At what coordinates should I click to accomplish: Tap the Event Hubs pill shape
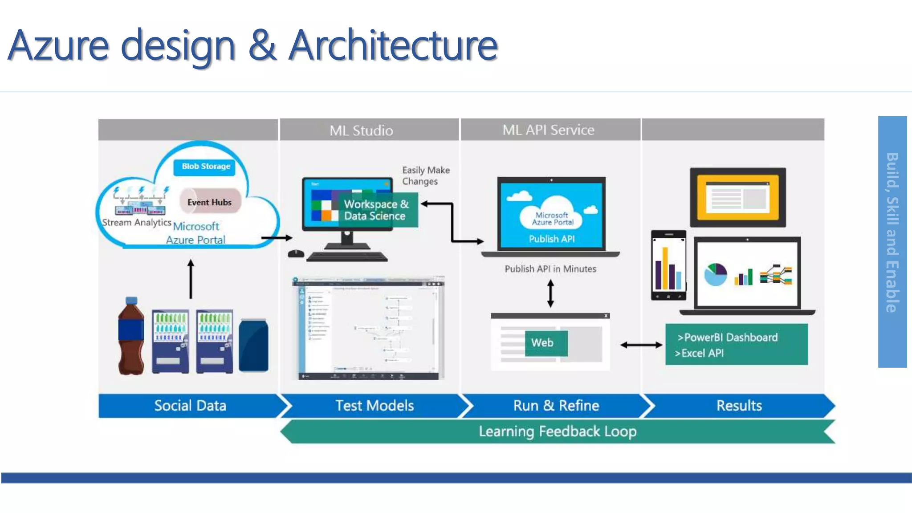(x=210, y=202)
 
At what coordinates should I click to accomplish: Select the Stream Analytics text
(x=136, y=222)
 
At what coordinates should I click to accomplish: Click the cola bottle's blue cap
(x=131, y=301)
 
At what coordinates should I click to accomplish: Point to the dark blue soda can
(x=253, y=345)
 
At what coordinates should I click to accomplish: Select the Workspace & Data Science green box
(x=376, y=210)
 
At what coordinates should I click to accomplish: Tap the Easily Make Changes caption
(x=425, y=176)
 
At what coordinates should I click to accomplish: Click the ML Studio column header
(x=361, y=130)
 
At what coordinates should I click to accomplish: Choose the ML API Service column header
(x=548, y=130)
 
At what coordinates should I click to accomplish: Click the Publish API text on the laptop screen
(x=551, y=239)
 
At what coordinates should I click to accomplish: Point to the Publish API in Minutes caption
(x=550, y=269)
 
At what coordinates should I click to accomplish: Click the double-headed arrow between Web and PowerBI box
(x=641, y=345)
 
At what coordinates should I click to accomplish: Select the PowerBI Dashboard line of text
(x=728, y=338)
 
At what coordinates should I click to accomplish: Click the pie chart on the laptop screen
(x=715, y=274)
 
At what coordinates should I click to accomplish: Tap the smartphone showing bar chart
(x=668, y=265)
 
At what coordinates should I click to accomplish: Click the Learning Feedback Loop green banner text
(x=557, y=432)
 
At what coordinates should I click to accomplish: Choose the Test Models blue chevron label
(x=374, y=406)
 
